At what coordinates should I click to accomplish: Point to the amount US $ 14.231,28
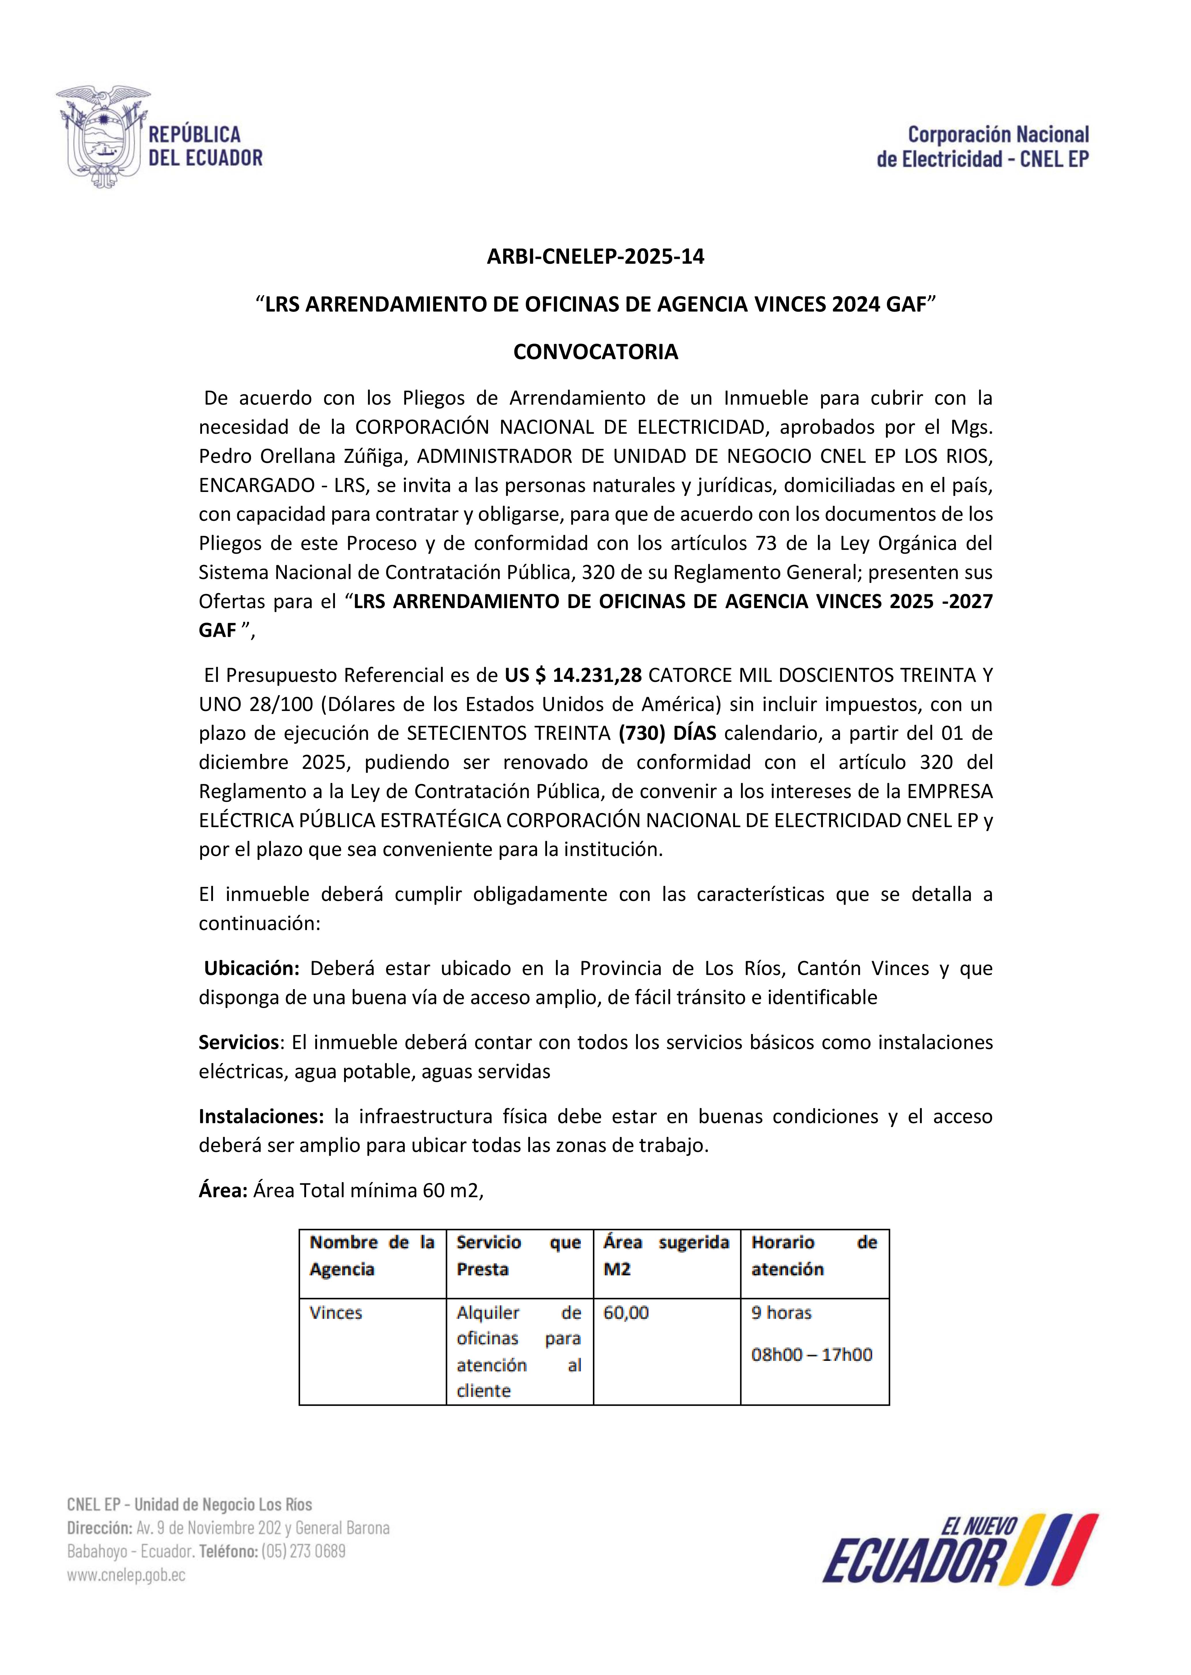pyautogui.click(x=573, y=675)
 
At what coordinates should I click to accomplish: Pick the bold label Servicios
pyautogui.click(x=238, y=1042)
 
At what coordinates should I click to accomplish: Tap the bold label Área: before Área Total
pyautogui.click(x=223, y=1190)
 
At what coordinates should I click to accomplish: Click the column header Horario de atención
pyautogui.click(x=814, y=1255)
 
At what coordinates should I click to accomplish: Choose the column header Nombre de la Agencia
pyautogui.click(x=372, y=1255)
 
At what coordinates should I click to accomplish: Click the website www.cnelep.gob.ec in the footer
pyautogui.click(x=126, y=1574)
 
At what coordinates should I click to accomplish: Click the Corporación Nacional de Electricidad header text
pyautogui.click(x=983, y=147)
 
